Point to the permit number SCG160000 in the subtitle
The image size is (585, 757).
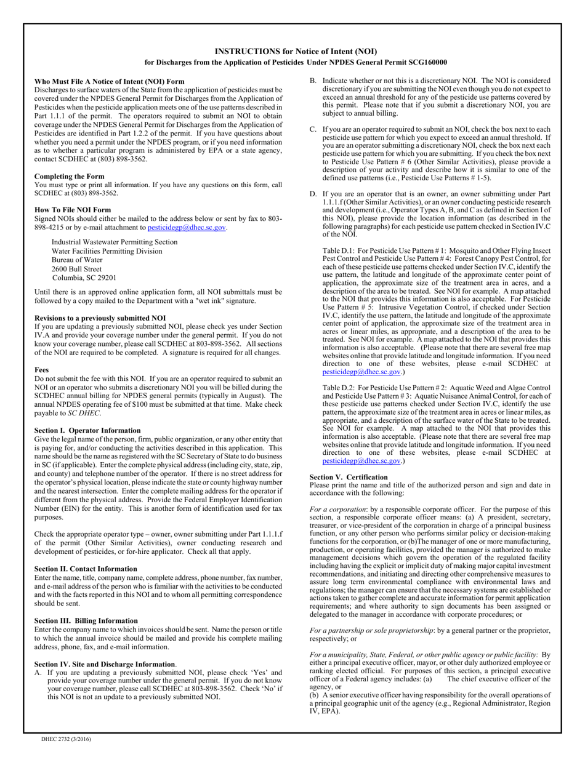click(426, 62)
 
